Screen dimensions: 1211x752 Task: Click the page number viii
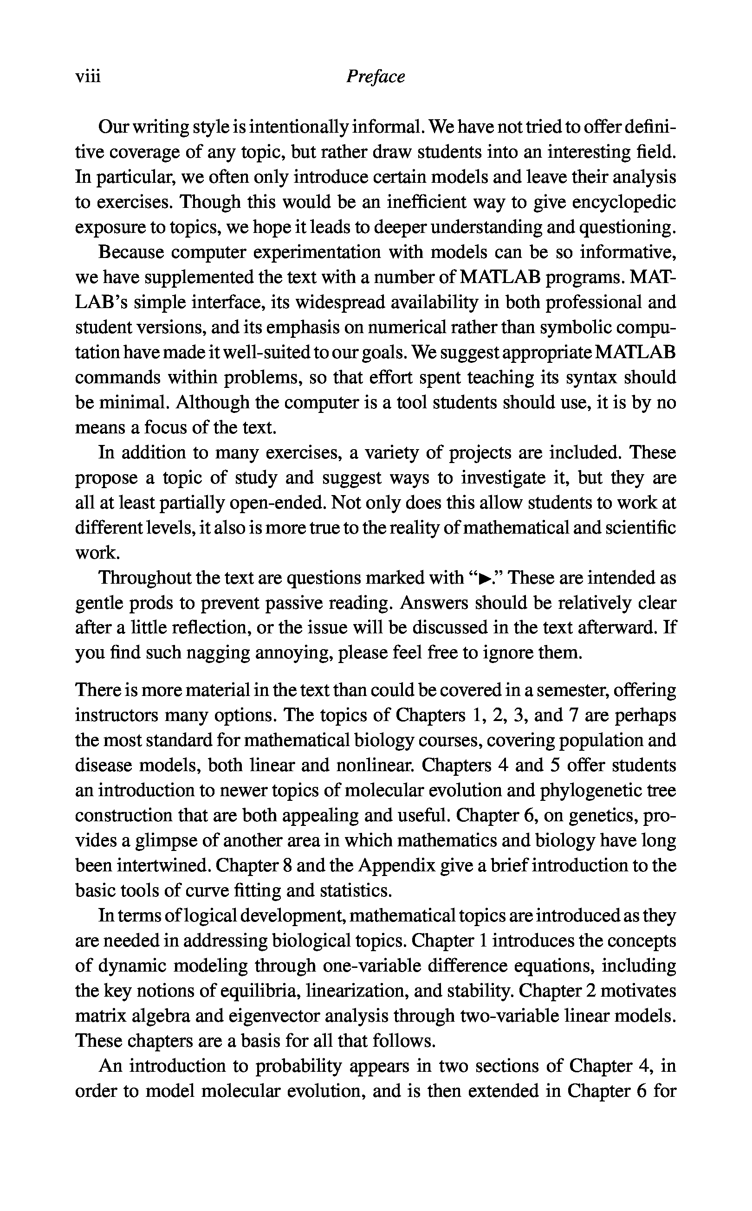88,77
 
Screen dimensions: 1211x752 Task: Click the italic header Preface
376,77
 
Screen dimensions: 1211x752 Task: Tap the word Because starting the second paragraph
131,252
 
